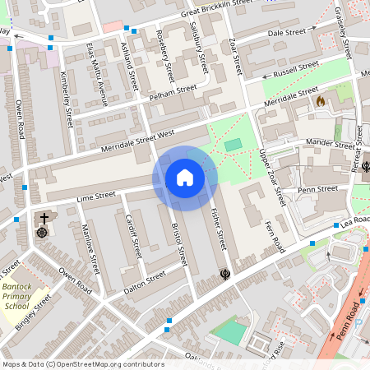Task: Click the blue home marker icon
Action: coord(185,178)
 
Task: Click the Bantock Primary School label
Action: coord(16,294)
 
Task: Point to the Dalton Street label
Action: coord(144,283)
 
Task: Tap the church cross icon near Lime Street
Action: coord(43,220)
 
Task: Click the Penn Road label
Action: coord(351,321)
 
